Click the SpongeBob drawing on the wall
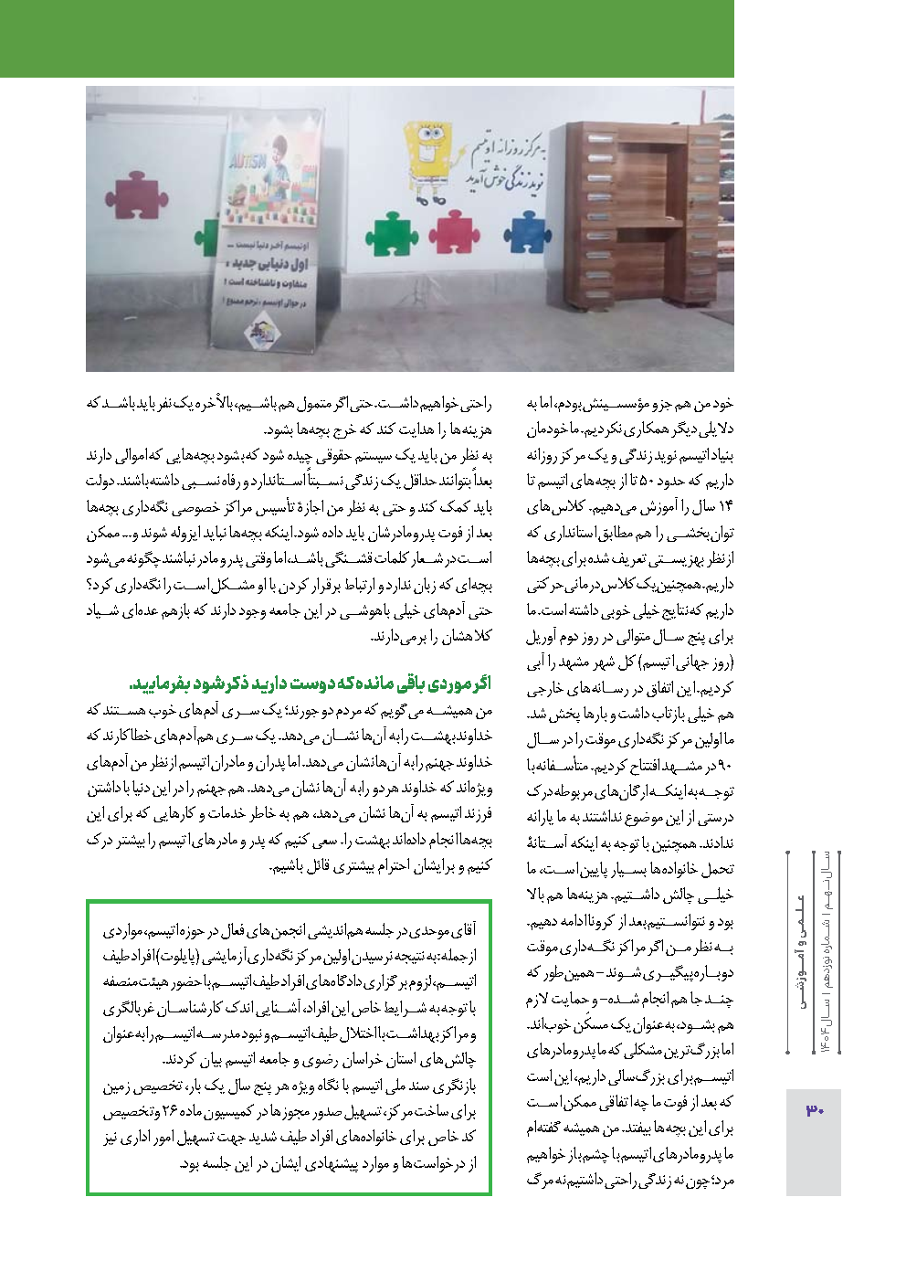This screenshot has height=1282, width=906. (x=427, y=155)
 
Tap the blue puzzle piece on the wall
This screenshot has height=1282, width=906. (x=529, y=232)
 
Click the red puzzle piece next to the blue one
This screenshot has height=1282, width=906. (x=454, y=231)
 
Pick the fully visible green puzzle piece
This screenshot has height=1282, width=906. (x=392, y=234)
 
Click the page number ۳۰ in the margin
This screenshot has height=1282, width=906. (x=814, y=1110)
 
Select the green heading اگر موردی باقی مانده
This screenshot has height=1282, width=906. (x=311, y=683)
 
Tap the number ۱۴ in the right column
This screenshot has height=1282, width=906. (x=725, y=506)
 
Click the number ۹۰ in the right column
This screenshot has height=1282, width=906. (x=722, y=765)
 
